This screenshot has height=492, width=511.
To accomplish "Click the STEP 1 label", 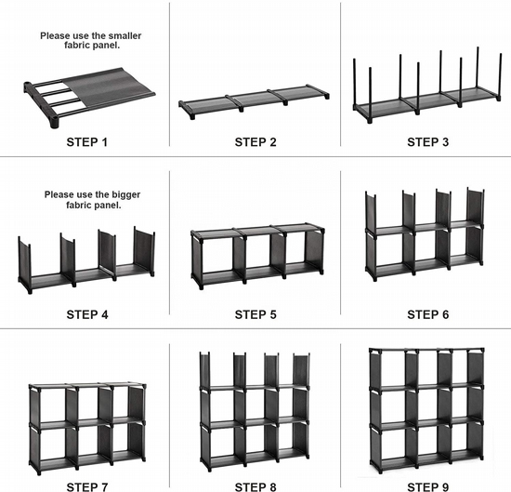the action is (x=87, y=142).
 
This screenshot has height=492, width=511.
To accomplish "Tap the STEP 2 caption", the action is (x=255, y=142).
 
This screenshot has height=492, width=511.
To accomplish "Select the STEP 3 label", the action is (x=428, y=142).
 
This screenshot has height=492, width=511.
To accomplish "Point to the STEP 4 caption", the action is (x=87, y=315).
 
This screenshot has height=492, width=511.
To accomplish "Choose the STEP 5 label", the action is (x=255, y=315).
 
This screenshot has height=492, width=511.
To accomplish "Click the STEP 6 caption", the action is (x=428, y=315).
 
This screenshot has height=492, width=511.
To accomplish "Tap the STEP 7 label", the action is (x=87, y=487).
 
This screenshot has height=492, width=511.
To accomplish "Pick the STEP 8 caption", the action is (x=255, y=487).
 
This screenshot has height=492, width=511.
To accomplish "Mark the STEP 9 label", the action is (x=428, y=487).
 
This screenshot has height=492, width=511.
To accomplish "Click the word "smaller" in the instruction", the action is (x=124, y=35).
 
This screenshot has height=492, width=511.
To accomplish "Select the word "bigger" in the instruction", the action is (x=126, y=194).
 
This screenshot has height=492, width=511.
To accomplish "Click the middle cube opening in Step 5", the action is (x=257, y=253).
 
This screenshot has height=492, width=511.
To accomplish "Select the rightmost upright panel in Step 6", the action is (x=476, y=206).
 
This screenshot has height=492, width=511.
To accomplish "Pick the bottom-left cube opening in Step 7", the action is (x=53, y=445).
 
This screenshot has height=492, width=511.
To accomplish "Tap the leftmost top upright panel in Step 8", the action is (x=205, y=369).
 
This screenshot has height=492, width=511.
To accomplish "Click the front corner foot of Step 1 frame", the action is (x=55, y=123).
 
